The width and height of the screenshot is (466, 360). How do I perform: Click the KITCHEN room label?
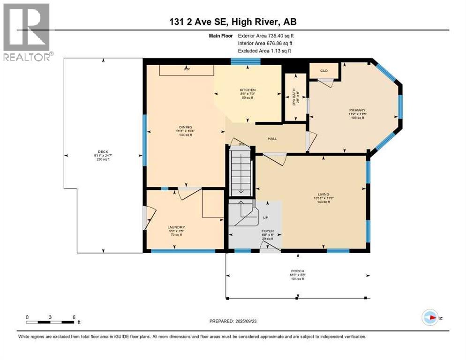point(247,90)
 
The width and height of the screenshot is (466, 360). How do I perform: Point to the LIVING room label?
point(323,194)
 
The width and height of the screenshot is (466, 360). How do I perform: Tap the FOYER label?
point(267,231)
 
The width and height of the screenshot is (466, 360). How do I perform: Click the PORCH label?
point(298,271)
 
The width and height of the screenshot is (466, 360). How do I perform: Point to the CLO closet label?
point(323,71)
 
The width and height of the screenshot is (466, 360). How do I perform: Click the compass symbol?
point(430,317)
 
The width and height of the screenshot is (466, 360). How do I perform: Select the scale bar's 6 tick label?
point(74,317)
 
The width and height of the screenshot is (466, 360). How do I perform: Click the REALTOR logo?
point(26,31)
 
